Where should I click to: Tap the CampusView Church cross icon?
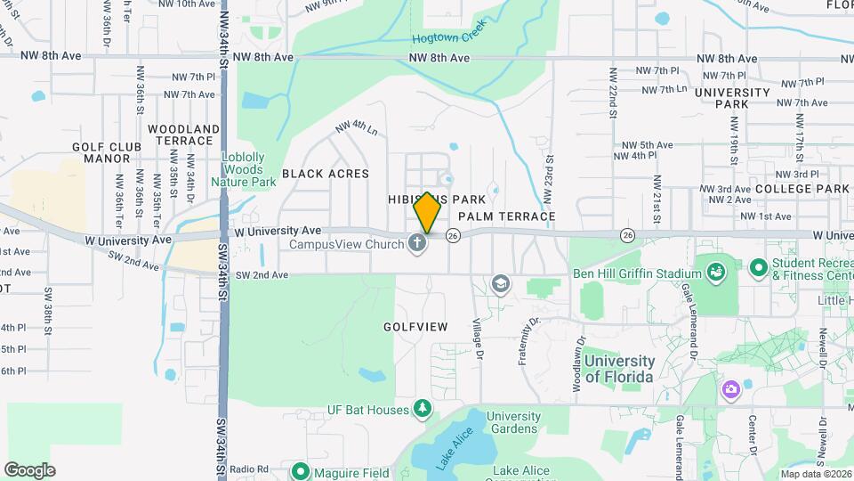tap(417, 243)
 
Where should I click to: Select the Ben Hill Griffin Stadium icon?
tap(715, 268)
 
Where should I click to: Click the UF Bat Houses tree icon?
tap(424, 410)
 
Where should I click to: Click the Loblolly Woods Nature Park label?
tap(243, 169)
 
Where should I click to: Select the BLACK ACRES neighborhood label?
tap(326, 174)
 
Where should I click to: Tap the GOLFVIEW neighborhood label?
tap(415, 327)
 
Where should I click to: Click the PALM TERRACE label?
tap(507, 216)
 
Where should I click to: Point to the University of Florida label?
tap(619, 369)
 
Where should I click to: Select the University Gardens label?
tap(513, 423)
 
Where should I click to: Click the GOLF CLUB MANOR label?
tap(108, 152)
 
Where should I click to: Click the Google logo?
tap(29, 469)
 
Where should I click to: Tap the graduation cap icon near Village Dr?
tap(501, 284)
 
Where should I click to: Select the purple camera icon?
tap(731, 388)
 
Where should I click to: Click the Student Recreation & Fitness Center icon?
tap(759, 267)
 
